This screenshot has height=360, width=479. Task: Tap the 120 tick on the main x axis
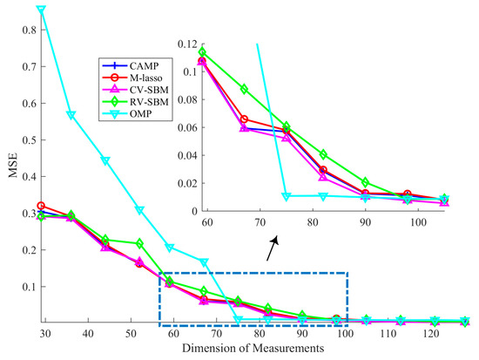tap(433, 335)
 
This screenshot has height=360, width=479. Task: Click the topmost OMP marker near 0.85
tap(40, 10)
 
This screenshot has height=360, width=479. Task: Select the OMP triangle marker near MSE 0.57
tap(71, 115)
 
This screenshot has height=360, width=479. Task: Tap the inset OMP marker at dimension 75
tap(287, 196)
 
